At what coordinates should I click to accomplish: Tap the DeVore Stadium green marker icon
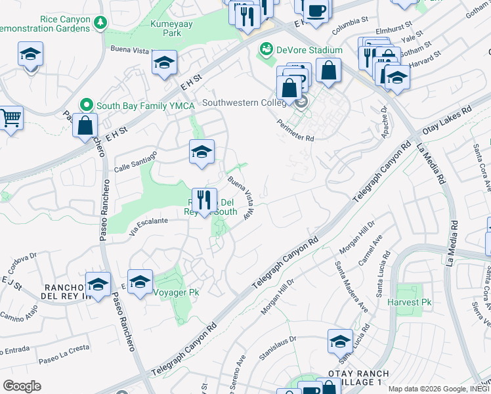(266, 49)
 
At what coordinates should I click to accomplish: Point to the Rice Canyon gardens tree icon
(100, 24)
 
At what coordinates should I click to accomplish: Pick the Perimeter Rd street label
(295, 129)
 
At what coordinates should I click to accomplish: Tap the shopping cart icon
(10, 119)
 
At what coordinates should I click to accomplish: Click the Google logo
(22, 386)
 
